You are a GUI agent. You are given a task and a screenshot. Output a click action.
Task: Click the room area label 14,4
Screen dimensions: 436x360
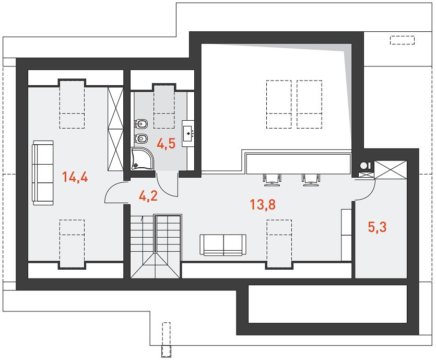75,177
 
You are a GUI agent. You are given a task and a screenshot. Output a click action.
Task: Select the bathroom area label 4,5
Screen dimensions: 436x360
166,144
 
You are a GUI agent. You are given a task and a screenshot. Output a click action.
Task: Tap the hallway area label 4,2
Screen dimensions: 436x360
148,196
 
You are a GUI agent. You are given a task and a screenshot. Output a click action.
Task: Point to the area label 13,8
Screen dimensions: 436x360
263,204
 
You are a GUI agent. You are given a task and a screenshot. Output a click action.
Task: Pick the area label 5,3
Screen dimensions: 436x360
378,227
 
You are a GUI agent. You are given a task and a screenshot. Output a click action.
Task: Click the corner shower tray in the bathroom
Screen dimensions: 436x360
142,159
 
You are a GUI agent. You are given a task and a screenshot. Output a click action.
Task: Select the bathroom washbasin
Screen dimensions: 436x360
188,133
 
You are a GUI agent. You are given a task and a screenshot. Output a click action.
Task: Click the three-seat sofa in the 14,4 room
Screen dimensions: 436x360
43,173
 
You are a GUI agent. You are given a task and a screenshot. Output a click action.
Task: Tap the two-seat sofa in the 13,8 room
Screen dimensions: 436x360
223,245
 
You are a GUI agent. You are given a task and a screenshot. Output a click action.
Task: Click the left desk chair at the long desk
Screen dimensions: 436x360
272,179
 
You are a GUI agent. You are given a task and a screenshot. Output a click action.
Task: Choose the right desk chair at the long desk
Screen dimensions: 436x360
311,179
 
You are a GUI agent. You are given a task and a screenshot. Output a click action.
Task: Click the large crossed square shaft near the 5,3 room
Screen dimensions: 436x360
391,169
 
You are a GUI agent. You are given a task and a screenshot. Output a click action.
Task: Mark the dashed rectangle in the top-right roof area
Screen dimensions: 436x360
402,40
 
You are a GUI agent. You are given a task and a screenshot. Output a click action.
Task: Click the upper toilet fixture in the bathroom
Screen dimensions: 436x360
141,123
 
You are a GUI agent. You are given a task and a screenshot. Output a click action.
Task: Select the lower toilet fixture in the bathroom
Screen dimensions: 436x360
141,138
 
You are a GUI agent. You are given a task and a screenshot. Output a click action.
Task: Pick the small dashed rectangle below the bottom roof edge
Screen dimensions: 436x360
166,340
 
